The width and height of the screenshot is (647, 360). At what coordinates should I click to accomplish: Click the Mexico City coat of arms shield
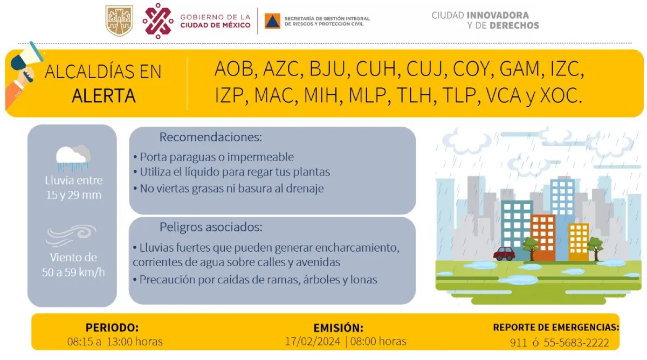point(119,20)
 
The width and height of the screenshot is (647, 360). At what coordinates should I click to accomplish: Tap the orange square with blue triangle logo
point(272,21)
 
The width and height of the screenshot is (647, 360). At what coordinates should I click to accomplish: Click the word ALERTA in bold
point(104,95)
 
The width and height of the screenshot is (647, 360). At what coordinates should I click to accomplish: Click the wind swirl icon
point(71,236)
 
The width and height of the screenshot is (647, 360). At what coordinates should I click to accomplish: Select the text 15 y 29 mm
point(74,195)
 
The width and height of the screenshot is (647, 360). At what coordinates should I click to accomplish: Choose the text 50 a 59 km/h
point(73,272)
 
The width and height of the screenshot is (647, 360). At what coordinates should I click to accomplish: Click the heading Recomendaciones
point(211,137)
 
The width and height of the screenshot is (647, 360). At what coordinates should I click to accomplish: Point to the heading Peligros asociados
point(211,227)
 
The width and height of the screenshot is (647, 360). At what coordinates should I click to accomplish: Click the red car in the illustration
point(504,253)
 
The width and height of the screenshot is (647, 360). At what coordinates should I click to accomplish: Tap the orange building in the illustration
point(543,238)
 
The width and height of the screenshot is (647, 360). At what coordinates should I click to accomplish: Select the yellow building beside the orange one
point(579,242)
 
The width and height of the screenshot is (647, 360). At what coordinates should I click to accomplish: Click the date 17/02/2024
point(313,342)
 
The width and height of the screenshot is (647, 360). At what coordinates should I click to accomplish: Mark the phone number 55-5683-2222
point(576,343)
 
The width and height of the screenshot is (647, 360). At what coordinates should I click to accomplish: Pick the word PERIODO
point(112,328)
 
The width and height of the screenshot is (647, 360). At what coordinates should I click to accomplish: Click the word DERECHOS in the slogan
point(514,25)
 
